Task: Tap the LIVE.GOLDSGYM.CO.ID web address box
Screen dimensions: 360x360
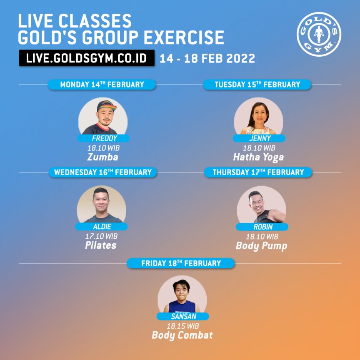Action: coord(87,58)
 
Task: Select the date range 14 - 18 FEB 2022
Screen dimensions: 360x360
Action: coord(207,58)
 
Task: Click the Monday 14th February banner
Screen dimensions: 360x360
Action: coord(102,85)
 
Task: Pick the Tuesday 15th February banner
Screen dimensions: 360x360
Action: coord(257,85)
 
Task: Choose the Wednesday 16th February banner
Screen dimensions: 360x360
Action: coord(102,172)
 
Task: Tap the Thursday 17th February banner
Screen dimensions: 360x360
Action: coord(258,172)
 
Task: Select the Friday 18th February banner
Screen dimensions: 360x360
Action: coord(181,263)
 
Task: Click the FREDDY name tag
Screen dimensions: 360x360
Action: coord(103,138)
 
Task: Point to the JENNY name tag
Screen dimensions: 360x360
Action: coord(259,138)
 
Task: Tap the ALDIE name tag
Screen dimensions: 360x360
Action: coord(101,226)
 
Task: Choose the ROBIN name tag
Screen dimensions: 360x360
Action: coord(262,227)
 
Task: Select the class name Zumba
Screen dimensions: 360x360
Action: coord(102,157)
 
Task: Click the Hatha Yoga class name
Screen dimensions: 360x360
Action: coord(258,157)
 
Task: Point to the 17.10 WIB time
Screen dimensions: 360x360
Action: coord(101,236)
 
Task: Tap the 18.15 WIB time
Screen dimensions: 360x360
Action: coord(182,326)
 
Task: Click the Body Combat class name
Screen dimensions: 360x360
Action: coord(182,335)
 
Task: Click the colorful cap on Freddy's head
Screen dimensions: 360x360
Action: coord(106,105)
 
